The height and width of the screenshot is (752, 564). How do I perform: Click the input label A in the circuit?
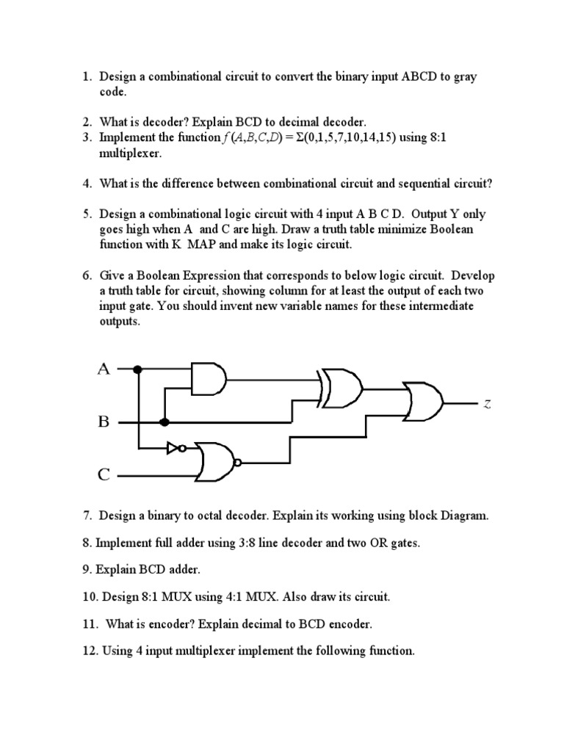[x=104, y=369]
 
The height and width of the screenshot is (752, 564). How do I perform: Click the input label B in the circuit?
[x=104, y=422]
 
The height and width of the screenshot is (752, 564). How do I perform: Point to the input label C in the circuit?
[x=104, y=475]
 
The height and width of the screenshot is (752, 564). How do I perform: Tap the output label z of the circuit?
[x=487, y=403]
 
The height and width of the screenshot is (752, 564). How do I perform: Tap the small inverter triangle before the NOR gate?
[x=173, y=446]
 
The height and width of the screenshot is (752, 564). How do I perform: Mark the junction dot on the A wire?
[x=137, y=369]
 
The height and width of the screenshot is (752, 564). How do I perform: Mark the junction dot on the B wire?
[x=164, y=422]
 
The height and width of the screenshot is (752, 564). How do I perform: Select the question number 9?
[x=87, y=570]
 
